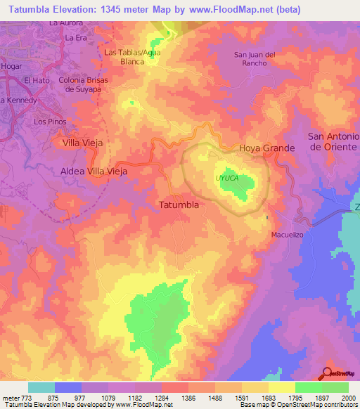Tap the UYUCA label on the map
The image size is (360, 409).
click(x=226, y=178)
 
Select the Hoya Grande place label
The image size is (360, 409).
click(x=266, y=148)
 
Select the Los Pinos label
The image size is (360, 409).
click(x=49, y=122)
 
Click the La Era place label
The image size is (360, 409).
click(x=75, y=37)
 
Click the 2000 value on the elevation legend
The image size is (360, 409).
click(x=348, y=397)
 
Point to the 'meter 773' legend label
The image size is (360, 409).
click(x=15, y=397)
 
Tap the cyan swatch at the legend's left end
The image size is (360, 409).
click(x=41, y=387)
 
